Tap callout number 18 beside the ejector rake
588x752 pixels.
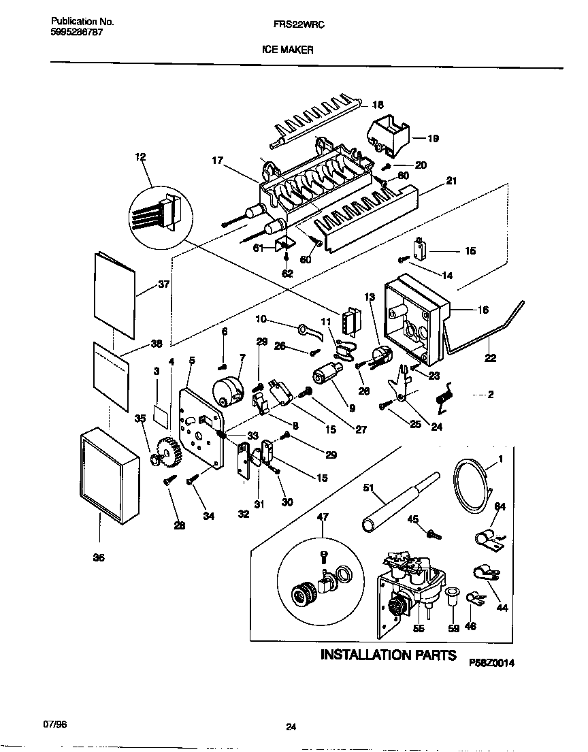[378, 105]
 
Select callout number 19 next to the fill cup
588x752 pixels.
[433, 138]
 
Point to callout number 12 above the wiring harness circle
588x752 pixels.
[141, 157]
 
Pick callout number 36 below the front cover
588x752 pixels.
[99, 557]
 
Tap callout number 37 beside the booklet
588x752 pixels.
[163, 284]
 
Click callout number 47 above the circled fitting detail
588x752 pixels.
[323, 517]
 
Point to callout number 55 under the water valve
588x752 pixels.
[419, 628]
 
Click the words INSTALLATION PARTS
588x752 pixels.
[388, 655]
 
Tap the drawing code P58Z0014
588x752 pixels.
[491, 661]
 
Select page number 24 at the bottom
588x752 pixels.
[291, 728]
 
